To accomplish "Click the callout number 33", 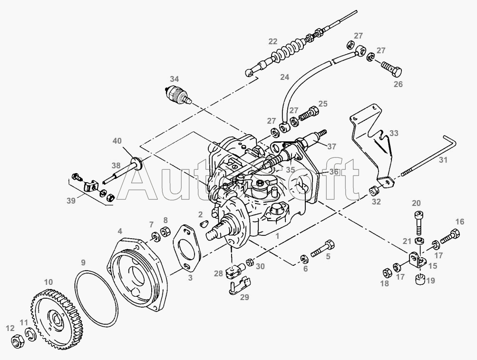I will (394, 133).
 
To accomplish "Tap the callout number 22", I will (273, 41).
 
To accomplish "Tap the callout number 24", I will (284, 77).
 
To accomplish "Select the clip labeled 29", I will (236, 286).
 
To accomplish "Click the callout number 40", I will (117, 141).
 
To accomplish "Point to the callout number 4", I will (120, 231).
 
